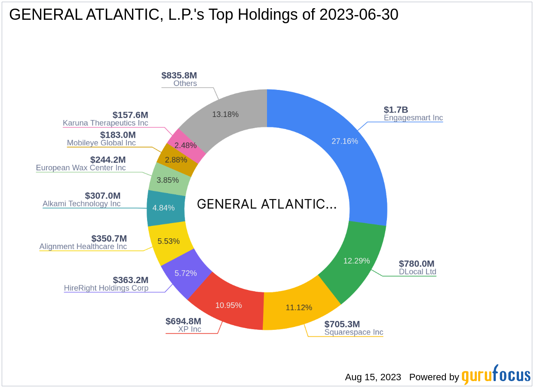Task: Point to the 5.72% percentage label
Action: coord(186,273)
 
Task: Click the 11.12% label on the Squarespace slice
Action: coord(299,308)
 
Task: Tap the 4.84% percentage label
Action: coord(163,208)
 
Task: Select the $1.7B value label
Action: coord(396,110)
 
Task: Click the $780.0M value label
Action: coord(417,264)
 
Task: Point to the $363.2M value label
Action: coord(131,280)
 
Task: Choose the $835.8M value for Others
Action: coord(179,75)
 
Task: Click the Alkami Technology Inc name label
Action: coord(82,204)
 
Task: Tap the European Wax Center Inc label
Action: coord(81,168)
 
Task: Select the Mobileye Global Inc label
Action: coord(101,143)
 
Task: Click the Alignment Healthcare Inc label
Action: coord(83,246)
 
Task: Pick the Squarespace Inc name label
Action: coord(354,332)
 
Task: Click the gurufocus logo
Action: coord(496,376)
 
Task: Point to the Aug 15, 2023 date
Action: coord(373,377)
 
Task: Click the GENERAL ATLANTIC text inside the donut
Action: coord(267,204)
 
